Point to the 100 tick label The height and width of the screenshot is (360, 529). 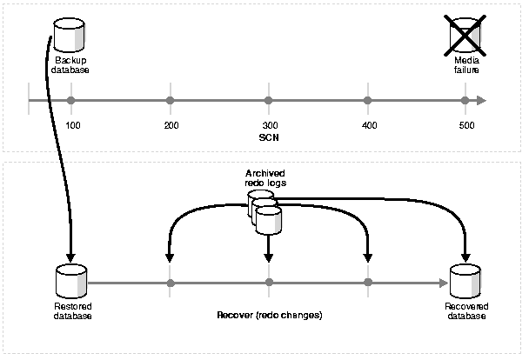click(73, 127)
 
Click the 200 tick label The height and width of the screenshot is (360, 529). click(171, 127)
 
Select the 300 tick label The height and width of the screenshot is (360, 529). click(269, 127)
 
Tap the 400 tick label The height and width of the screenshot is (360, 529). click(368, 127)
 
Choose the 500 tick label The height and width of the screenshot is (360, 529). click(466, 127)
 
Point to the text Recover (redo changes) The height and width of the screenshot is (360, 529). click(269, 314)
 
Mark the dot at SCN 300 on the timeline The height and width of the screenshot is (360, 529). click(269, 101)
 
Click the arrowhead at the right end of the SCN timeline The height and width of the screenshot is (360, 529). click(480, 101)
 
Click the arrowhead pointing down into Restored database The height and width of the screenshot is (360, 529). click(70, 253)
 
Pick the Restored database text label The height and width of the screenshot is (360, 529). click(70, 310)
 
